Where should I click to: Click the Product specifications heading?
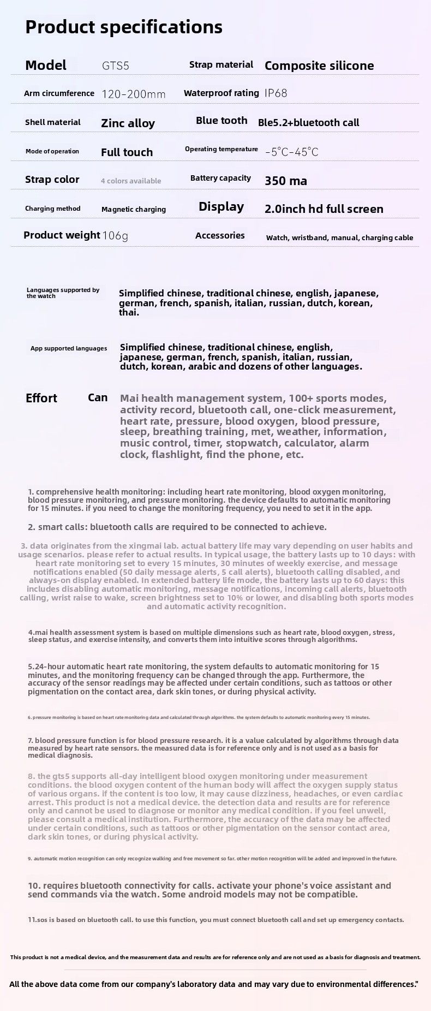coord(124,27)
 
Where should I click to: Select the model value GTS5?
coord(116,66)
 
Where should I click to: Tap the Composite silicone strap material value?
coord(319,66)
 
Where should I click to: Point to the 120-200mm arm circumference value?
coord(134,94)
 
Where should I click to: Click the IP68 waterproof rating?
coord(276,93)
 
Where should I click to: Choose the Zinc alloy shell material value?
coord(128,123)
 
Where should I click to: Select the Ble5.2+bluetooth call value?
coord(308,123)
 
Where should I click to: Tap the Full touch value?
coord(127,152)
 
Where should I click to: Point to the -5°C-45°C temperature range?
coord(291,152)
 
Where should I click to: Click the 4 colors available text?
coord(131,181)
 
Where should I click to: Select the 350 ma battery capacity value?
coord(286,181)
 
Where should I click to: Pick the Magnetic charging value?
coord(134,209)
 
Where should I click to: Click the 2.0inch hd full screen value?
coord(324,209)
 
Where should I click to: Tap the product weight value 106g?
coord(115,236)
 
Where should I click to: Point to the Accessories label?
coord(220,236)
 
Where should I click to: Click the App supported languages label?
coord(69,348)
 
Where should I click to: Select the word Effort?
coord(41,399)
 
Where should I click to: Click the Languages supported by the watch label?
coord(63,293)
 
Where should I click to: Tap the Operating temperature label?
coord(222,149)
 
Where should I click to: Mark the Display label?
coord(221,207)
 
